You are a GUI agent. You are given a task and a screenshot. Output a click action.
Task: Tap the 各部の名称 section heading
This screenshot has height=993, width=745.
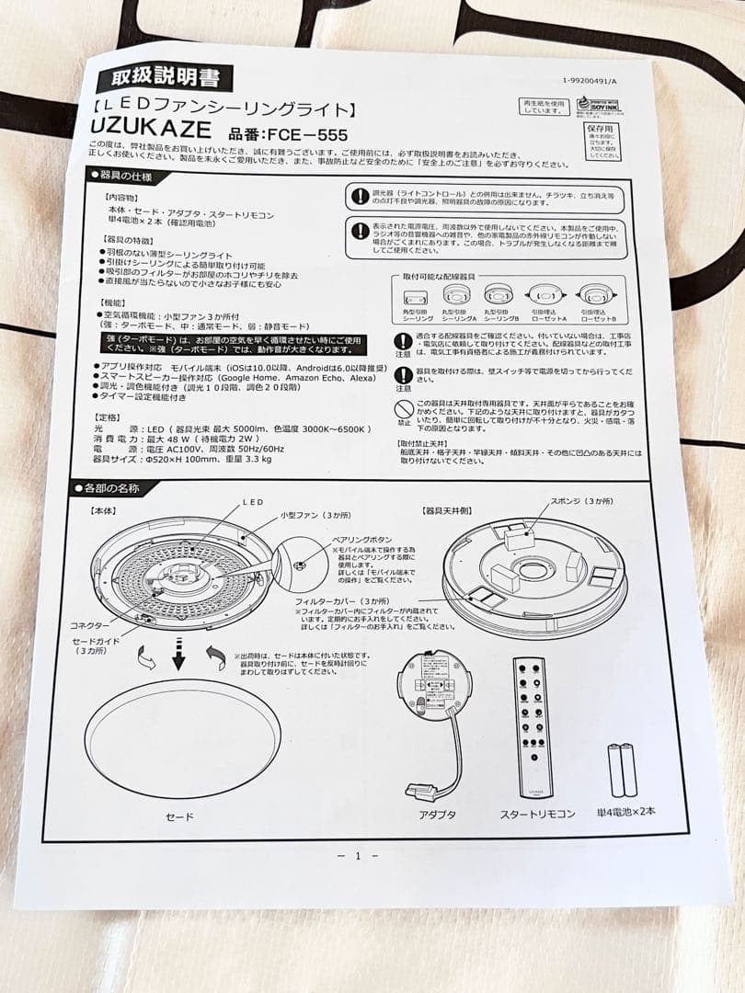(109, 488)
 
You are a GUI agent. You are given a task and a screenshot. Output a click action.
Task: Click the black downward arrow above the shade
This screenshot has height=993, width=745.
(179, 656)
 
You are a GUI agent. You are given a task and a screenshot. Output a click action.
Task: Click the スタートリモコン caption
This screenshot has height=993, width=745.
(537, 815)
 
